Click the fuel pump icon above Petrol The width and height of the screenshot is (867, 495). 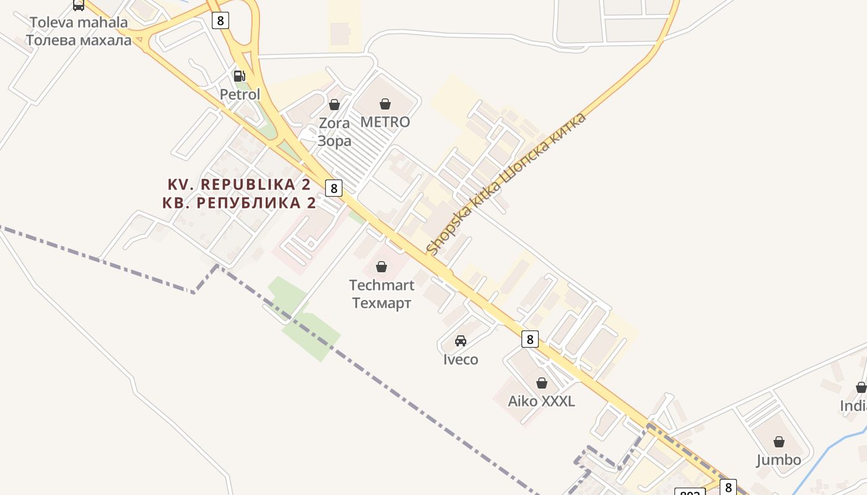click(239, 76)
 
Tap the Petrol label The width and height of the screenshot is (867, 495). click(240, 95)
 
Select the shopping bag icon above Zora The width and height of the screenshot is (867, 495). click(334, 105)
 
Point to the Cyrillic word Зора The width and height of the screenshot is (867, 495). click(334, 140)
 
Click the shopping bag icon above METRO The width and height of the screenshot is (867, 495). click(385, 103)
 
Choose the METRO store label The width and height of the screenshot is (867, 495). click(385, 122)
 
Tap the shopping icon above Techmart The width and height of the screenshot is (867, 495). click(381, 267)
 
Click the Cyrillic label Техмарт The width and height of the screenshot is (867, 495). click(381, 303)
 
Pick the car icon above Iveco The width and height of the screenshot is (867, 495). click(461, 340)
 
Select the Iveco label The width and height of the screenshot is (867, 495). click(461, 359)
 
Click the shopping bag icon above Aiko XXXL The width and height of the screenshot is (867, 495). click(542, 383)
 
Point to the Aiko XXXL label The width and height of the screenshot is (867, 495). click(541, 401)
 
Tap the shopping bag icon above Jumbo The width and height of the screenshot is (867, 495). click(779, 442)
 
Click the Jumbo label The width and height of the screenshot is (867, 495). click(778, 460)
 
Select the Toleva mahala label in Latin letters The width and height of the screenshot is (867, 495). click(79, 23)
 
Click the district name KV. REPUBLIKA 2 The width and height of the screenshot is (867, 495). click(239, 184)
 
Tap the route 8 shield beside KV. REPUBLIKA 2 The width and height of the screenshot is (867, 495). click(334, 188)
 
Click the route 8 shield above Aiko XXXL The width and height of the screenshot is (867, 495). click(529, 338)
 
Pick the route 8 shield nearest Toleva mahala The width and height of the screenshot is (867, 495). click(220, 20)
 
